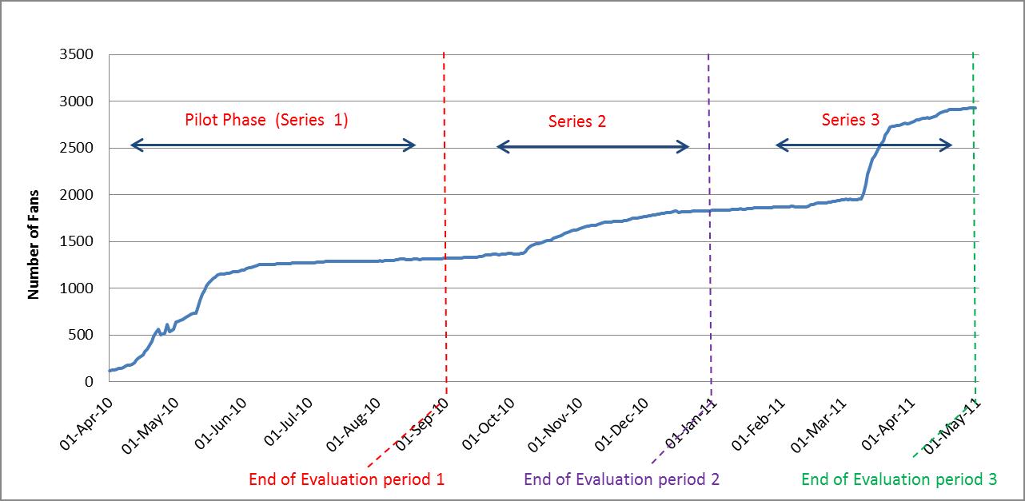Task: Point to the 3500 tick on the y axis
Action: pyautogui.click(x=78, y=54)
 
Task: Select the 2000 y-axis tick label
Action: pyautogui.click(x=78, y=194)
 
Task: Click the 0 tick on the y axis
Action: pyautogui.click(x=90, y=381)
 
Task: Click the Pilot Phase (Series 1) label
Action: pyautogui.click(x=266, y=121)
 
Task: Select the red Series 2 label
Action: pyautogui.click(x=577, y=121)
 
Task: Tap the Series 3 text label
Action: pyautogui.click(x=851, y=120)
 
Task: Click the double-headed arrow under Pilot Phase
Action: pyautogui.click(x=273, y=145)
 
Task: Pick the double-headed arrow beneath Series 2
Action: pyautogui.click(x=592, y=147)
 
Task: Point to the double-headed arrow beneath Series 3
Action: pyautogui.click(x=863, y=145)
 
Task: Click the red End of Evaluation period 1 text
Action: pyautogui.click(x=346, y=479)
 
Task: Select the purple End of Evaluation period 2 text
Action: pyautogui.click(x=621, y=479)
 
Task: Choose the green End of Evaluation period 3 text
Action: pyautogui.click(x=899, y=479)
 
